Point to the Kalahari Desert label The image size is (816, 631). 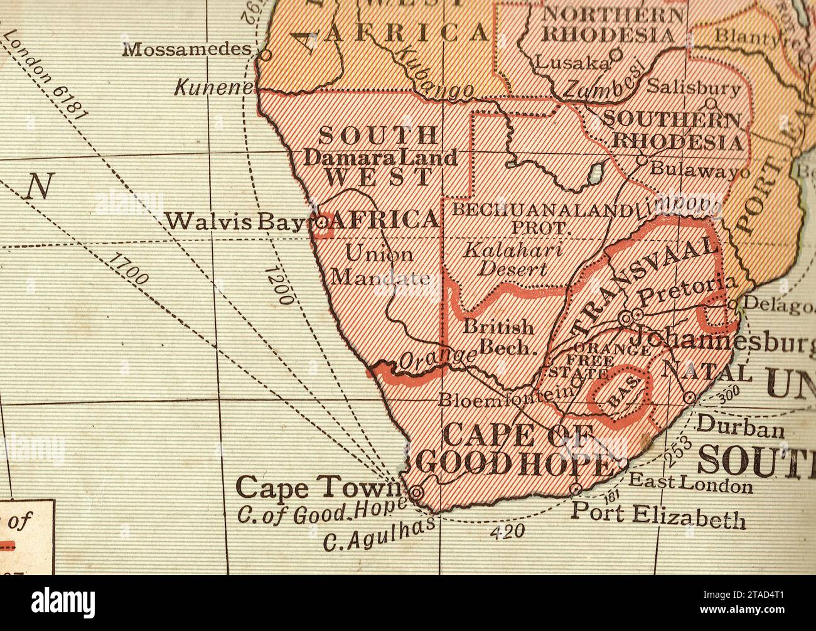[513, 259]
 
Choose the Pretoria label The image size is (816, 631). [686, 289]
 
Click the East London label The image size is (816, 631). [690, 483]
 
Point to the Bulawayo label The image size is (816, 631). [699, 170]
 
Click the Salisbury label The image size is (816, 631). [693, 87]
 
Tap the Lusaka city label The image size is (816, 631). [571, 62]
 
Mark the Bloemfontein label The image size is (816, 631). [507, 397]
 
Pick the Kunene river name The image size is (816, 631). [213, 88]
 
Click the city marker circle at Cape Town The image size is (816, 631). [416, 492]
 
